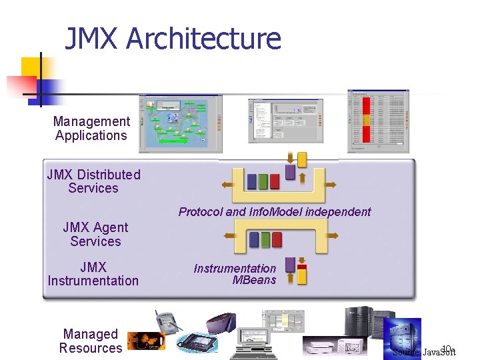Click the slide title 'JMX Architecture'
coord(173,39)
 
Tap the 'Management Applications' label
coord(91,129)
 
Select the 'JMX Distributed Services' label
coord(93,181)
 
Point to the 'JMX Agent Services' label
coord(95,234)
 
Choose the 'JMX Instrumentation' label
coord(93,274)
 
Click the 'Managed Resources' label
coord(91,341)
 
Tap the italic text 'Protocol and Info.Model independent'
coord(275,212)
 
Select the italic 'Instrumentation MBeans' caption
coord(235,274)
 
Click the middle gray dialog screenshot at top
coord(285,120)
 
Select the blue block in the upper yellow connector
coord(252,181)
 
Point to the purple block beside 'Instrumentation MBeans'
coord(289,264)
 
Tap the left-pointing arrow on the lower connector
coord(229,234)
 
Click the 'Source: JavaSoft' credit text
coord(425,352)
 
